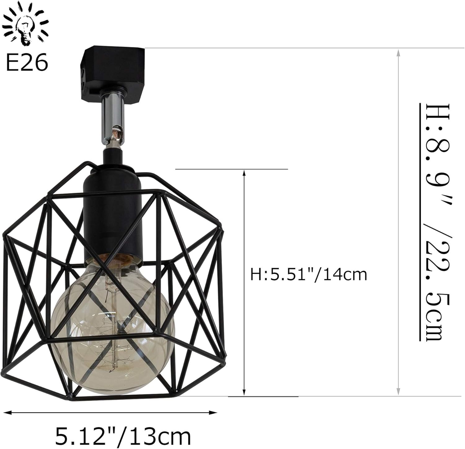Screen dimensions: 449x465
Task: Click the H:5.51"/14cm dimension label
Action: pos(308,275)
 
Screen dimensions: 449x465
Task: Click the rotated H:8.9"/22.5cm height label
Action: pos(434,222)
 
